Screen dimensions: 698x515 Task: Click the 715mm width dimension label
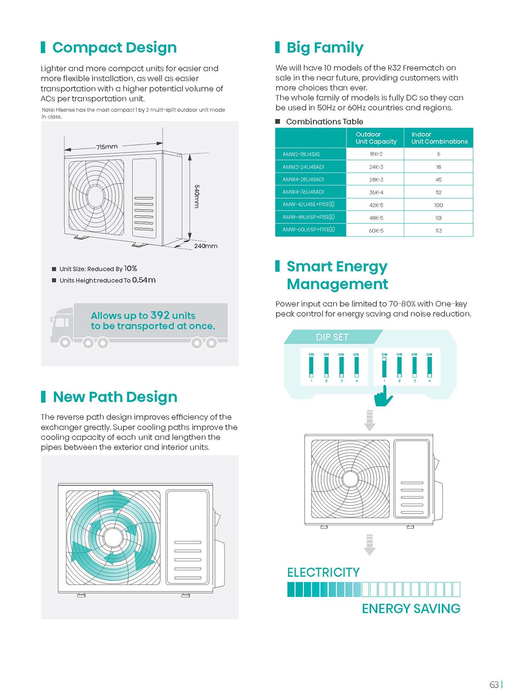coord(107,147)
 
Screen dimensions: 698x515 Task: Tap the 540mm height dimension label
coord(197,196)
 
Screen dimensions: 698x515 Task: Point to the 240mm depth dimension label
coord(205,246)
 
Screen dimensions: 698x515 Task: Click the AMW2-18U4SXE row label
coord(301,154)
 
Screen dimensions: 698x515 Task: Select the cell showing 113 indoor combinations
coord(438,230)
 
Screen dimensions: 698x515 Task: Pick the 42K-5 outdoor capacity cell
coord(376,205)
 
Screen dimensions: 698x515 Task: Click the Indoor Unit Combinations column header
coord(439,138)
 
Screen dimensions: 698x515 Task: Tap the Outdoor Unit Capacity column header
coord(376,138)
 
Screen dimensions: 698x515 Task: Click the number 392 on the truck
coord(160,315)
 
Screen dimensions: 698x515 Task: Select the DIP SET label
coord(332,337)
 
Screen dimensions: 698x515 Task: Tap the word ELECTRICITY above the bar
coord(323,572)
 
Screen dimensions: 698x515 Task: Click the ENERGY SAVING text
coord(411,608)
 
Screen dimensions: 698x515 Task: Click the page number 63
coord(494,685)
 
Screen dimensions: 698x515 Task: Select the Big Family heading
coord(325,48)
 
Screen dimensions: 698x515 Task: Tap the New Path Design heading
coord(115,397)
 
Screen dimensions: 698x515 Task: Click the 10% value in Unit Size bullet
coord(130,269)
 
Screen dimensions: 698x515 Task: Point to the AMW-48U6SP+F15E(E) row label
coord(308,217)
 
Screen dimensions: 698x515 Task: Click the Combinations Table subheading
coord(324,121)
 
